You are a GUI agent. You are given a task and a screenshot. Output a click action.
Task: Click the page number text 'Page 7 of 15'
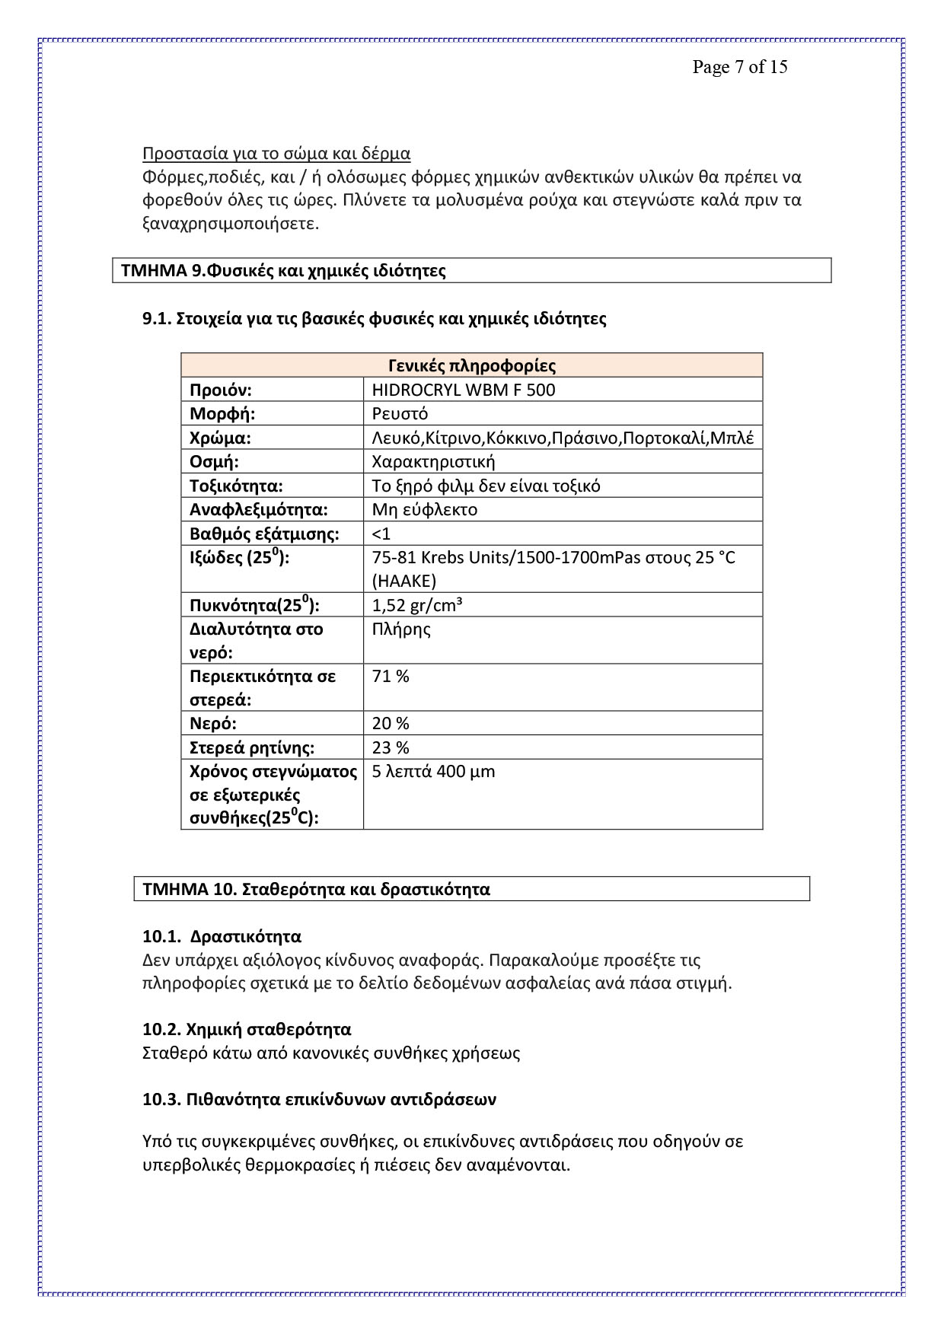(739, 67)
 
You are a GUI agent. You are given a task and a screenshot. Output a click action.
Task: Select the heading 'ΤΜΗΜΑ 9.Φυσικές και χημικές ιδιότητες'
(283, 271)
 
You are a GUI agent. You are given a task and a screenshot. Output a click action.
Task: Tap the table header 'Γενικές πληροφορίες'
(472, 366)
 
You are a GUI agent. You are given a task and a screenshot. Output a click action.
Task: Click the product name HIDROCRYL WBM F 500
(464, 390)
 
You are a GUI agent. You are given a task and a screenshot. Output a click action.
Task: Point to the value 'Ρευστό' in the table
(400, 414)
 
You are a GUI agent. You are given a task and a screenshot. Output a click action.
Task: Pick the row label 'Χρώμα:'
(220, 438)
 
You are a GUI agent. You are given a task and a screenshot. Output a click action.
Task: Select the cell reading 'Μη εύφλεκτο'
(424, 510)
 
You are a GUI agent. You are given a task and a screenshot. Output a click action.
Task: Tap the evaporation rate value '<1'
(381, 534)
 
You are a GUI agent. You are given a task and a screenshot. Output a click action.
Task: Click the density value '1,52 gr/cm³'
(418, 606)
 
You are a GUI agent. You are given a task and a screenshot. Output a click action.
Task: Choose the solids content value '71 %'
(391, 677)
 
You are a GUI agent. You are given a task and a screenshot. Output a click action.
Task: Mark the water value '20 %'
(391, 724)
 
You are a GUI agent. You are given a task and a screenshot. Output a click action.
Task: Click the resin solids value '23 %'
(391, 747)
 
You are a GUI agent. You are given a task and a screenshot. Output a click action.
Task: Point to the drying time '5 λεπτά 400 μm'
(433, 772)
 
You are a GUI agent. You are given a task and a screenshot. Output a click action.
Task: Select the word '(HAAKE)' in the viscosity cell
(404, 581)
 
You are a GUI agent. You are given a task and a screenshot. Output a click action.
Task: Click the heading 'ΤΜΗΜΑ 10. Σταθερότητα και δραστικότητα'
(317, 890)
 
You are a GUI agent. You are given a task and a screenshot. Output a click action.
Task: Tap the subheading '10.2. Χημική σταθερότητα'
(247, 1030)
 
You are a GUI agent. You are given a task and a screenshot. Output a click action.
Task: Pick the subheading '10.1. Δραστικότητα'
(222, 937)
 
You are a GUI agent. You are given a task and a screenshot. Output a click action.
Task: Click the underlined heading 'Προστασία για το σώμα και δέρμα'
(276, 154)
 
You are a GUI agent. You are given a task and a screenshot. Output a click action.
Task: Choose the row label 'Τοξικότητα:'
(236, 486)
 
